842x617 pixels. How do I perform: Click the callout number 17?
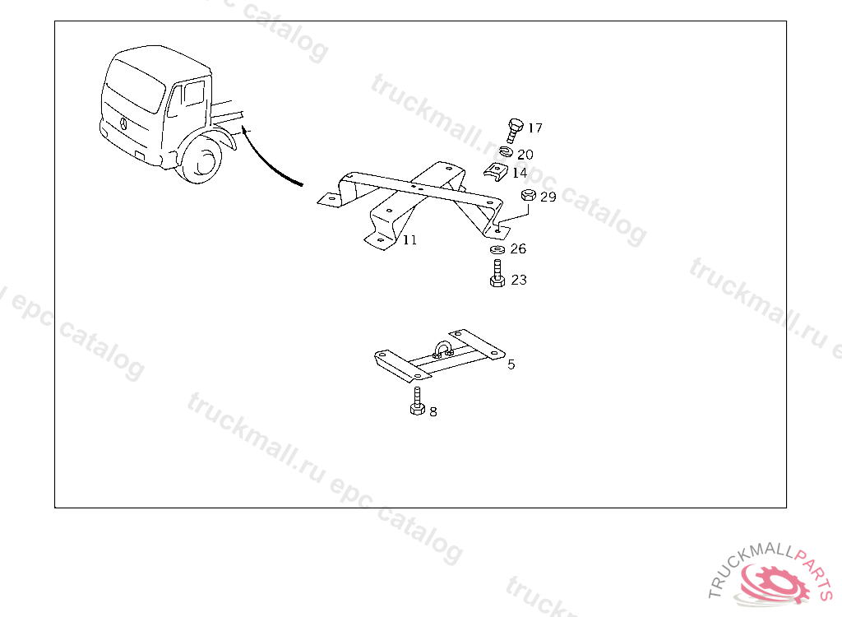point(535,128)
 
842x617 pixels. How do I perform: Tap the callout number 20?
point(525,155)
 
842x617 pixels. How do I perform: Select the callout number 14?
point(520,173)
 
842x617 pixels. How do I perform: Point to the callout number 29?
point(548,197)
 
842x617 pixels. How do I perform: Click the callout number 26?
point(518,248)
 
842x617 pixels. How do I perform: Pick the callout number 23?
point(519,280)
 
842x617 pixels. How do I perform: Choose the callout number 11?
point(409,240)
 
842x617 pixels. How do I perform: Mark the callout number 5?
point(511,365)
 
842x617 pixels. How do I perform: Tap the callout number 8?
point(433,412)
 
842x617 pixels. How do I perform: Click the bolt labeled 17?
point(515,131)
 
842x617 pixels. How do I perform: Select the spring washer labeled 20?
point(506,152)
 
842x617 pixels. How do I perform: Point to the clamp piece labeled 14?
point(495,172)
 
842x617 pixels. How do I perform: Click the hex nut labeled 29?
point(529,195)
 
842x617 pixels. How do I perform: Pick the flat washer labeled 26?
point(497,249)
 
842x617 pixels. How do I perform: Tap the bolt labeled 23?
point(497,274)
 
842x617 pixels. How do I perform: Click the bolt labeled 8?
point(417,401)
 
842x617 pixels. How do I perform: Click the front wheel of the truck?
point(201,160)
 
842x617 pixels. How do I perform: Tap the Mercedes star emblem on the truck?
point(123,123)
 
